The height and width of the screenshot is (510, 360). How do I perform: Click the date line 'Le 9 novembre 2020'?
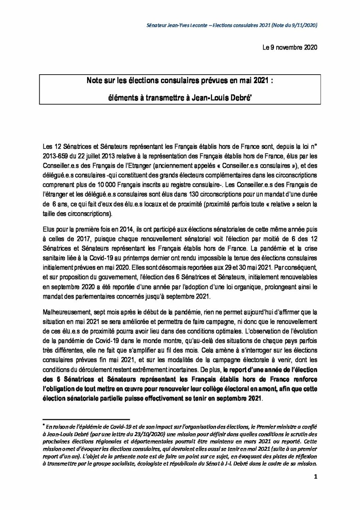click(289, 47)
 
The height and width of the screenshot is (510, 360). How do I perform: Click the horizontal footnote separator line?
click(86, 419)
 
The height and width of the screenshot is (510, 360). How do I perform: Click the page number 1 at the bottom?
click(316, 477)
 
